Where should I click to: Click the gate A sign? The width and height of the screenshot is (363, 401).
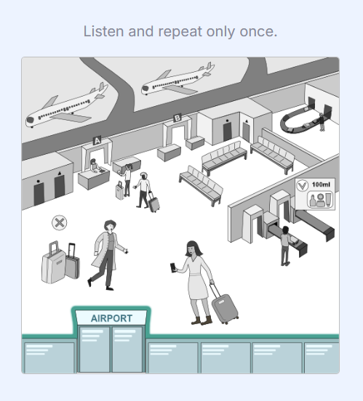point(97,140)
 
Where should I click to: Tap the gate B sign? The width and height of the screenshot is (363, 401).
point(177,118)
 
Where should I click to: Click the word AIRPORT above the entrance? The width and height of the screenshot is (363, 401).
point(111,318)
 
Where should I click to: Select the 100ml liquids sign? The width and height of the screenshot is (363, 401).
point(315,195)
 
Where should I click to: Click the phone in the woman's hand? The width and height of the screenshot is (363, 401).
point(173,268)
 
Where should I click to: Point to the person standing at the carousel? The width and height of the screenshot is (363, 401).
point(322,120)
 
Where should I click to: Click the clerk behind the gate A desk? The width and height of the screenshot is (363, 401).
point(93,165)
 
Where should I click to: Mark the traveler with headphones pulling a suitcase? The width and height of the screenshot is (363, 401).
point(144,188)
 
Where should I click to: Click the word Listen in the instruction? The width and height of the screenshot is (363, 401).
point(101,32)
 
